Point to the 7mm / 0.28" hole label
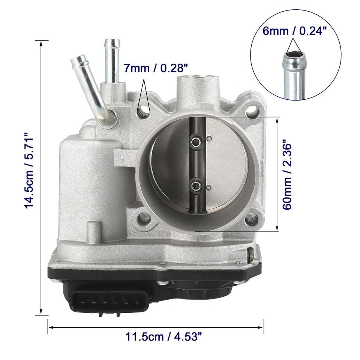(x=156, y=68)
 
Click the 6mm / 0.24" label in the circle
(x=292, y=31)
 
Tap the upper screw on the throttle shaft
(x=196, y=141)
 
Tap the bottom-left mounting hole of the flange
(x=144, y=217)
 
